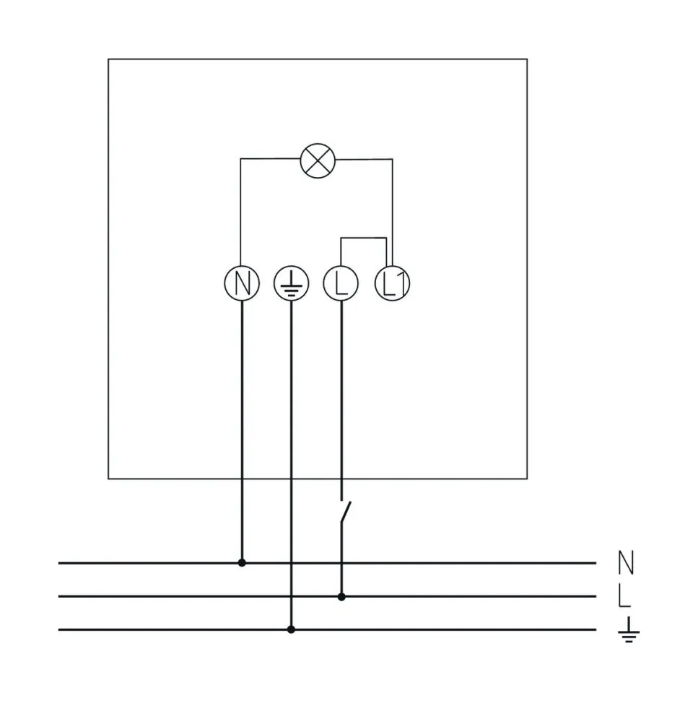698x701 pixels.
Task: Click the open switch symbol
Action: pos(345,514)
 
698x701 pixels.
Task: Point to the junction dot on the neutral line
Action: pos(242,562)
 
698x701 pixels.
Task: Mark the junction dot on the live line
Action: pos(341,596)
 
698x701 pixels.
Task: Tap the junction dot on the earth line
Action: pos(291,629)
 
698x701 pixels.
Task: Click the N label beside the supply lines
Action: pos(627,562)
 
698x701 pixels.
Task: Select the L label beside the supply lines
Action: pos(625,596)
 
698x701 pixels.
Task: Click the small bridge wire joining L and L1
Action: pos(364,237)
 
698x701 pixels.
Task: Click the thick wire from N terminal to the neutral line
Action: pos(242,434)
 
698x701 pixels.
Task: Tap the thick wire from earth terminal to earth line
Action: pos(291,463)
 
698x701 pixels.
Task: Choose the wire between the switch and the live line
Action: pos(341,564)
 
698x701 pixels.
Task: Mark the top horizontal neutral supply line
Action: pos(433,562)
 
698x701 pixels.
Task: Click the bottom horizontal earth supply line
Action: pos(433,629)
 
